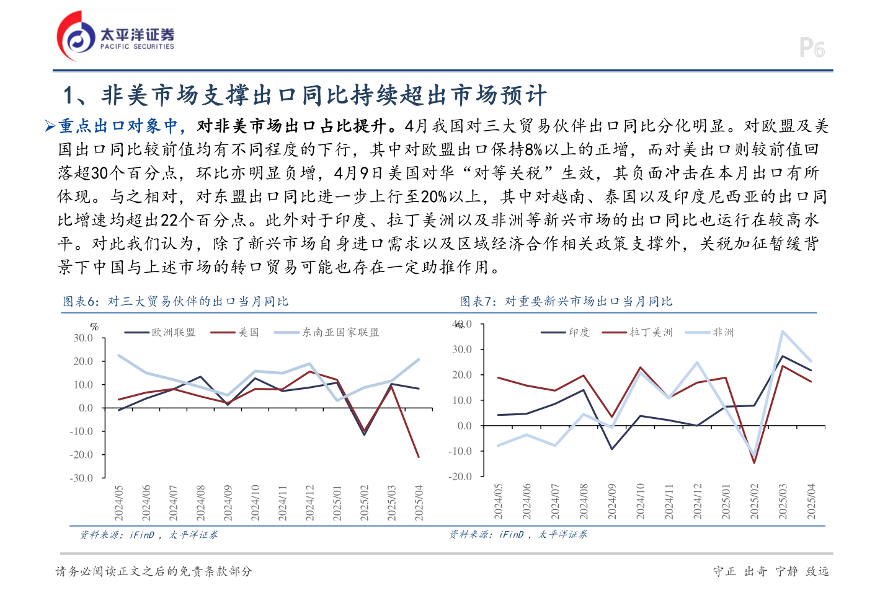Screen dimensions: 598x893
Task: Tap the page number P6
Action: click(812, 48)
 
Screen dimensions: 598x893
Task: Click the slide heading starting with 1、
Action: click(304, 95)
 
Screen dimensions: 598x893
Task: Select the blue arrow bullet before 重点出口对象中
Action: click(50, 126)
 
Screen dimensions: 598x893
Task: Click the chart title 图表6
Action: click(175, 302)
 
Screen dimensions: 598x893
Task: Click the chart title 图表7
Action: click(566, 302)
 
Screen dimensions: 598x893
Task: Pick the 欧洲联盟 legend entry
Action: click(161, 333)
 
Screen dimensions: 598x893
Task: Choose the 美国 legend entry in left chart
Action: click(235, 333)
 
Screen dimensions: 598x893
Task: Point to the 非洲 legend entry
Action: click(710, 333)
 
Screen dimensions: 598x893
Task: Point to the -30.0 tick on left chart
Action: click(81, 478)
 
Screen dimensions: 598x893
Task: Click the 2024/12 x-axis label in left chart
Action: click(309, 503)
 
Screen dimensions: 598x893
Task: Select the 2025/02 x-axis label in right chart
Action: click(754, 501)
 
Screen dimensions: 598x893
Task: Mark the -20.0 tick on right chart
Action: click(460, 477)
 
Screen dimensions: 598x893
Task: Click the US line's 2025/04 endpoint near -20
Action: click(419, 457)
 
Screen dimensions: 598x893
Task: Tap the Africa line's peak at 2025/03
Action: click(783, 331)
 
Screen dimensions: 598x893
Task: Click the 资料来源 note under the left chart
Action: click(148, 535)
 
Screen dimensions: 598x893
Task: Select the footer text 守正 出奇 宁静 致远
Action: click(771, 571)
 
